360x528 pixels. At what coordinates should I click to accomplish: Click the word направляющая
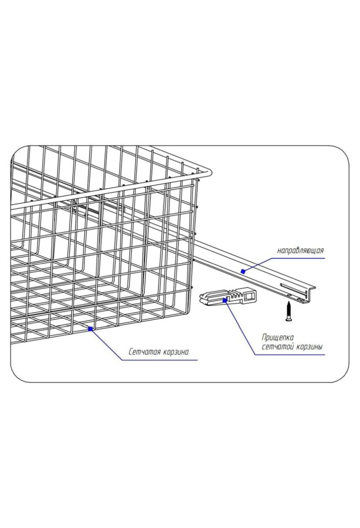coord(300,250)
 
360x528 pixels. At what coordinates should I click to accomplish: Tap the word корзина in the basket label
coord(176,352)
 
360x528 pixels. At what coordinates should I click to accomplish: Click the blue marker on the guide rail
coord(243,272)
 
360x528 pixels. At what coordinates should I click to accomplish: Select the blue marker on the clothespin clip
coord(224,299)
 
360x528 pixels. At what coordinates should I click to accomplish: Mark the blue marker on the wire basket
coord(90,329)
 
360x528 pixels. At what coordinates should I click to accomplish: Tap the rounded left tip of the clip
coord(202,299)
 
